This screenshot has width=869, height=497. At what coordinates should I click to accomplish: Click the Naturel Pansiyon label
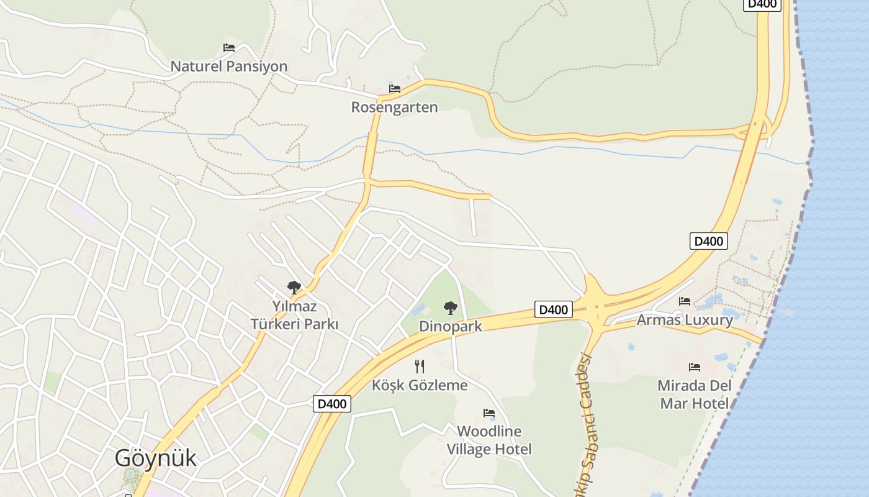point(228,66)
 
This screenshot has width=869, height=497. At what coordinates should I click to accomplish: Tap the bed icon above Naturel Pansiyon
point(229,47)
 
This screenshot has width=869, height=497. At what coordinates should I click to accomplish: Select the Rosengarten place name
point(394,107)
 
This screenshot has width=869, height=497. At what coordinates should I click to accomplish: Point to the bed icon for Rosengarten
point(395,88)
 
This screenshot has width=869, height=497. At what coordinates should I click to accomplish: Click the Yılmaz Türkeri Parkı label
point(294,315)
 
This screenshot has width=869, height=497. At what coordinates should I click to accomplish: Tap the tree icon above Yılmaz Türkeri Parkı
point(294,287)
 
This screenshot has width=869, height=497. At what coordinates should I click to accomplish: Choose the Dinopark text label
point(450,326)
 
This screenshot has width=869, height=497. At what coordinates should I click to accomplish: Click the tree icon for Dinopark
point(450,308)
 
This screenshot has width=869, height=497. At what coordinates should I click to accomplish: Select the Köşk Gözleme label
point(420,385)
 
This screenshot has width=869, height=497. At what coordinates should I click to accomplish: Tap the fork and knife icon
point(420,367)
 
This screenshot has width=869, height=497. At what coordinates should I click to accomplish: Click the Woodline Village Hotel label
point(489,440)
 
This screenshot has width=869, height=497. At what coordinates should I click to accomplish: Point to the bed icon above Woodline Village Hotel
point(489,413)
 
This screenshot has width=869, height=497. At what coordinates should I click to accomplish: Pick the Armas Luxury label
point(685,320)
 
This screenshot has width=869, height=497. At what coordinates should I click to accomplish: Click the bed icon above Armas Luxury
point(685,301)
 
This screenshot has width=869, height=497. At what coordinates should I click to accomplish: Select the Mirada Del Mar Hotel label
point(694,394)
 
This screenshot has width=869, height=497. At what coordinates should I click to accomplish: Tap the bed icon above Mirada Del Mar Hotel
point(694,367)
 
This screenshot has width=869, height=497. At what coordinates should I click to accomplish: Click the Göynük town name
point(155,458)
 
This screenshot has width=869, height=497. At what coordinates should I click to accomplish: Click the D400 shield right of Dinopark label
point(553,309)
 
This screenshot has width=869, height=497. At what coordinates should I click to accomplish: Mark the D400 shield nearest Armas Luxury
point(708,241)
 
